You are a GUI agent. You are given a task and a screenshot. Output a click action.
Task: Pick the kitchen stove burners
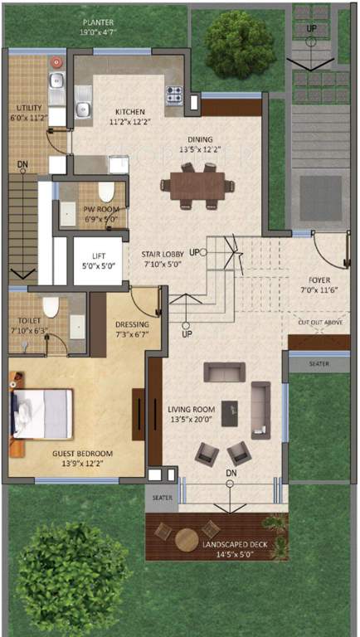174,94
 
